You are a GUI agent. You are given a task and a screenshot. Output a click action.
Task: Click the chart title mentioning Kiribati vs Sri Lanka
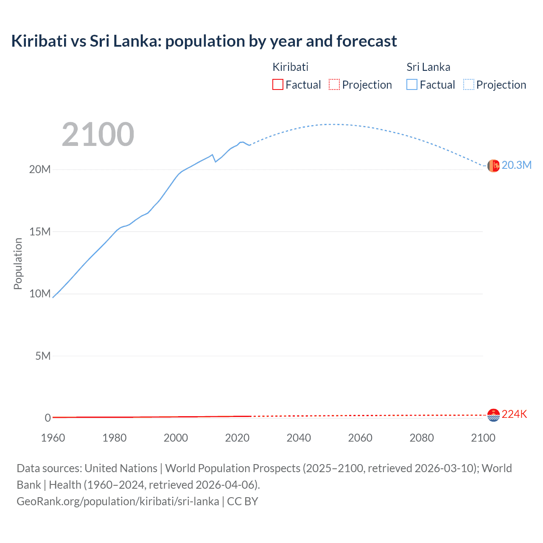[204, 41]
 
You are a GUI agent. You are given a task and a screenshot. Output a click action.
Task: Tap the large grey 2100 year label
[98, 134]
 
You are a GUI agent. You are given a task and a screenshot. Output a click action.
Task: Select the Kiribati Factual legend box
[278, 85]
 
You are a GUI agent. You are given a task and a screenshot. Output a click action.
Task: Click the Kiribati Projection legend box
[334, 85]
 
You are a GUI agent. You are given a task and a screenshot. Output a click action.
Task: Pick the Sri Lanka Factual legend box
[412, 85]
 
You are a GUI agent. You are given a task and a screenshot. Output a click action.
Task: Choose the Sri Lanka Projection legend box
[469, 85]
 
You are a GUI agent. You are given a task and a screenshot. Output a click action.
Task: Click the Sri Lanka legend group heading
[428, 67]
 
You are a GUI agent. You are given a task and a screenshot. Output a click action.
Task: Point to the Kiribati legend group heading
[290, 67]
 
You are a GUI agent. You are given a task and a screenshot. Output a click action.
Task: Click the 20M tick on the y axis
[40, 169]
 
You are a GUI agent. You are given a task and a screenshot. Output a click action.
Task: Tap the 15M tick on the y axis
[40, 232]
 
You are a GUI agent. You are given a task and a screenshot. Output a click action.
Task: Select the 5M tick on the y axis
[43, 356]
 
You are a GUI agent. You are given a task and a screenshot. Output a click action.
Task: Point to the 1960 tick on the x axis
[53, 438]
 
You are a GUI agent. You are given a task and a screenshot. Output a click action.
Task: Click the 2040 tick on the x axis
[299, 438]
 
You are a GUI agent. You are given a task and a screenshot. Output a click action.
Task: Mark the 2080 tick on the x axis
[422, 438]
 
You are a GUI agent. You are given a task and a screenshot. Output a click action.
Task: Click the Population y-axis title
[18, 263]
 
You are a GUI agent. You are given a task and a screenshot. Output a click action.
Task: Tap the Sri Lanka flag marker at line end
[493, 166]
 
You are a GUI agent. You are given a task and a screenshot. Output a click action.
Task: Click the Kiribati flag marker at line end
[493, 415]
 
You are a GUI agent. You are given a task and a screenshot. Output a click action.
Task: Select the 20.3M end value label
[516, 165]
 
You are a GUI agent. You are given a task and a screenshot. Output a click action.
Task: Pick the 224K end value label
[514, 414]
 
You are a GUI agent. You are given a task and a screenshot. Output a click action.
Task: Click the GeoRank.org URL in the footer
[118, 501]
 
